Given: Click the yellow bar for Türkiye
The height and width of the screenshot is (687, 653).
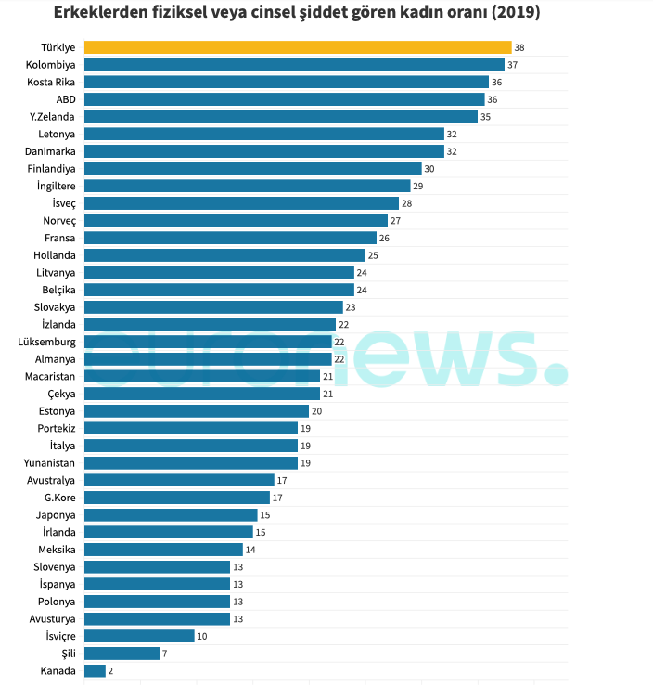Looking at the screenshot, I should [x=297, y=47].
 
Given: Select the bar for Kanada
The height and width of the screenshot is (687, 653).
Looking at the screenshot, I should [x=95, y=670].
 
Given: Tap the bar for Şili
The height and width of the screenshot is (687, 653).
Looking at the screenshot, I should [x=122, y=654].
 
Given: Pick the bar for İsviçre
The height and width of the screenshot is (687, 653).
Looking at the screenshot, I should [x=139, y=636].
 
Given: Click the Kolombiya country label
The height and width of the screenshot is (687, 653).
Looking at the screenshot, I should [x=52, y=65].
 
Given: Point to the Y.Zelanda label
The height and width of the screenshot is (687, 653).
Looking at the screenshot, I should [x=53, y=117].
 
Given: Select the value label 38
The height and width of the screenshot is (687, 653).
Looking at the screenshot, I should [x=519, y=47].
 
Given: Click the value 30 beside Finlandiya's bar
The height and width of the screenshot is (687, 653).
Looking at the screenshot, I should [x=429, y=169].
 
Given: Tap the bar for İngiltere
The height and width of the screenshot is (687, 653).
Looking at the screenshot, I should [x=247, y=186].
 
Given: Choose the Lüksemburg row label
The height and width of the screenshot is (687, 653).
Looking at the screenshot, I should [x=47, y=342].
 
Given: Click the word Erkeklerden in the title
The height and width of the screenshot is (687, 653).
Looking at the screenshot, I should [x=96, y=14].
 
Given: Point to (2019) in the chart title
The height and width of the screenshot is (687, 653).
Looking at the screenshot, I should [x=513, y=14].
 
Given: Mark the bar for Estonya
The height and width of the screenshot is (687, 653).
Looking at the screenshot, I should [x=196, y=411].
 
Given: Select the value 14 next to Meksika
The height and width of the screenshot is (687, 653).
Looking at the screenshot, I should [x=250, y=550].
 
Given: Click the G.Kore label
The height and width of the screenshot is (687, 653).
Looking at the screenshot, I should [x=59, y=498].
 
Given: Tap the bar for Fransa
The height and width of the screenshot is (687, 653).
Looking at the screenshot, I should [x=230, y=238].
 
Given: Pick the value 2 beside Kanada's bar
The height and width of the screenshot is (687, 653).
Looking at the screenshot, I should [x=111, y=670].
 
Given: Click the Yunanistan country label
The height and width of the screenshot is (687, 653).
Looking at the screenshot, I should [x=50, y=462].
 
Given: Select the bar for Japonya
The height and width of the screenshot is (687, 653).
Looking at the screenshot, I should [x=171, y=514].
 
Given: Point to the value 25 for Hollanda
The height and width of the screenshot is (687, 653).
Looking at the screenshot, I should [x=373, y=255].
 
